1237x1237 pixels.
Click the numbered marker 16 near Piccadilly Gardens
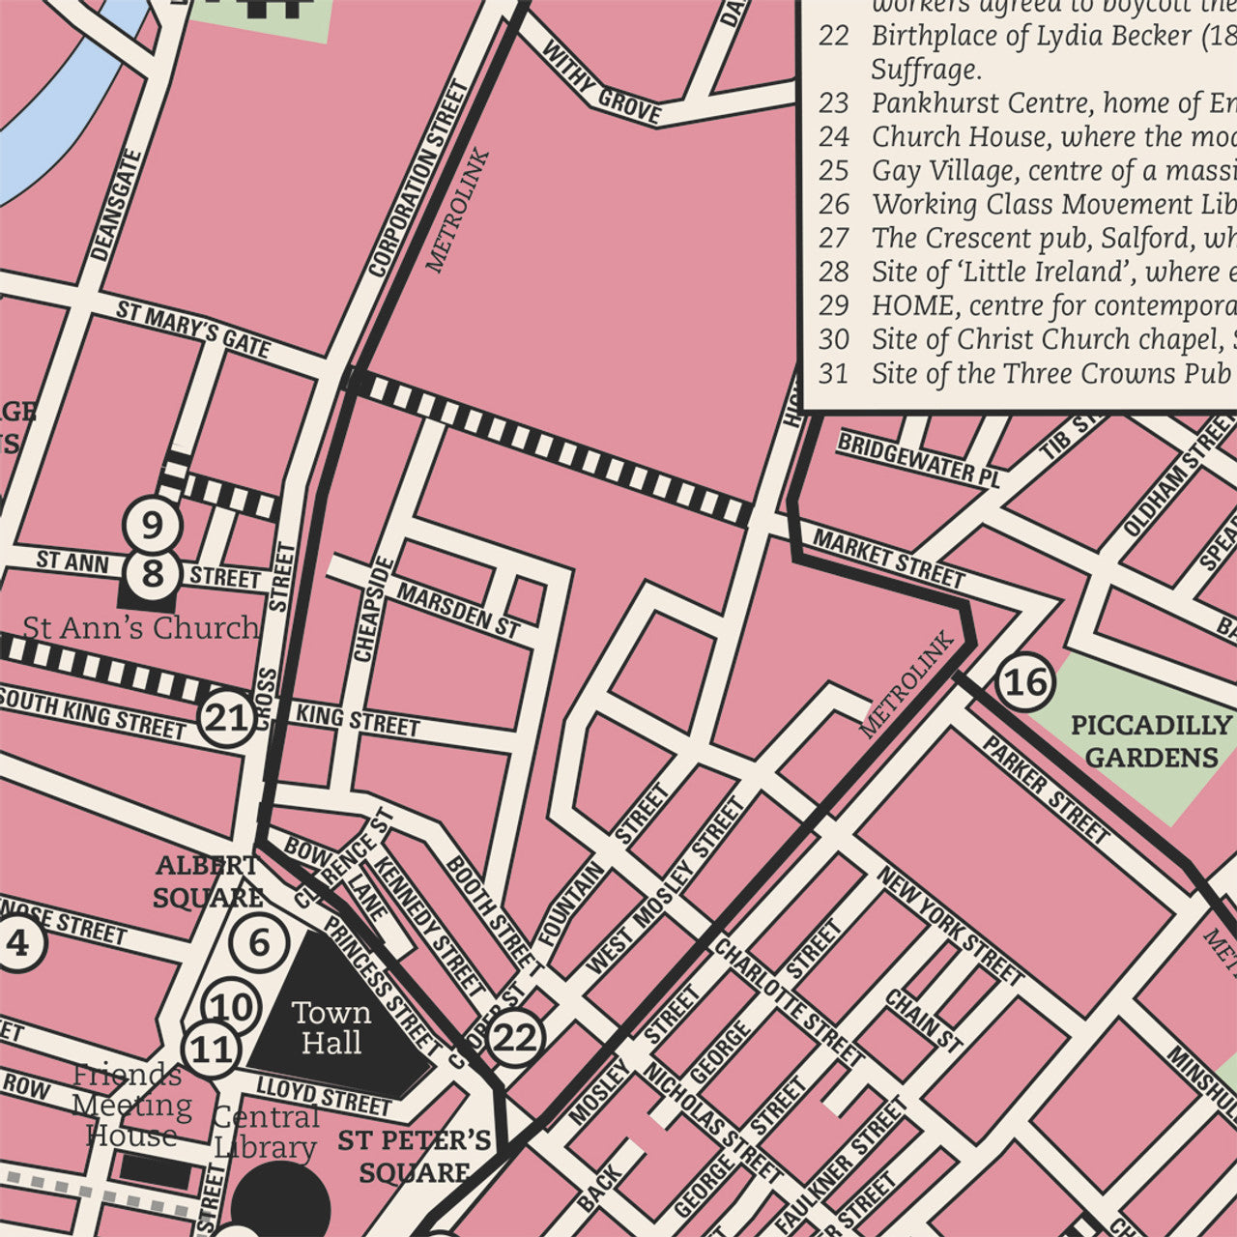(1025, 682)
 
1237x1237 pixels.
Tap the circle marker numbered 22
(514, 1039)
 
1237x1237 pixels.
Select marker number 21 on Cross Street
(227, 718)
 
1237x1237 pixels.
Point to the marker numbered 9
(153, 526)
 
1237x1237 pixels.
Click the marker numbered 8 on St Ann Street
(153, 573)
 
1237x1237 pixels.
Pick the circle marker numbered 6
(259, 942)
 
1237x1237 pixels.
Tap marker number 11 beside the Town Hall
(213, 1050)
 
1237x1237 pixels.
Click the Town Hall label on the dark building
(331, 1028)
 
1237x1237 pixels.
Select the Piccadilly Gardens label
(1151, 741)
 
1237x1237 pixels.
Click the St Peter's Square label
(415, 1156)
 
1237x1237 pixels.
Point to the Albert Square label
(207, 880)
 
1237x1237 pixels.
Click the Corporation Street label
(419, 178)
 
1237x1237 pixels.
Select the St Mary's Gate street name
(193, 329)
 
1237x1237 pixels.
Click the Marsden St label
(458, 611)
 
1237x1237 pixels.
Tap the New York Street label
(950, 925)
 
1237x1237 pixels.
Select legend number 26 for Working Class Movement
(833, 205)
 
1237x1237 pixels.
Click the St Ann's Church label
(141, 628)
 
